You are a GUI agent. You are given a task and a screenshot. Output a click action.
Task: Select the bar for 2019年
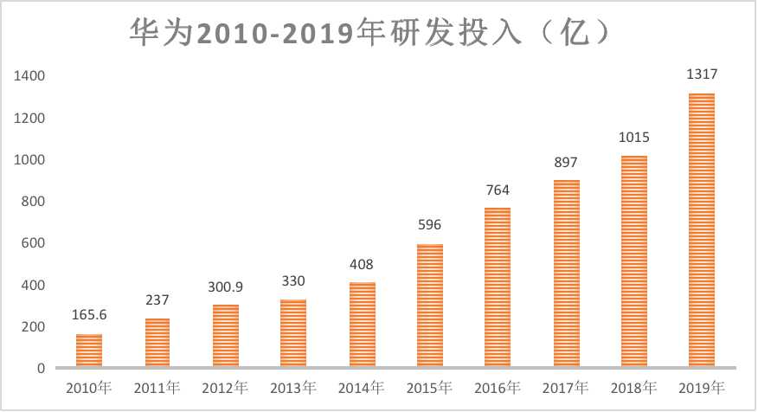(701, 230)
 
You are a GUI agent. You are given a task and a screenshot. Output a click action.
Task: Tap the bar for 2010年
(89, 351)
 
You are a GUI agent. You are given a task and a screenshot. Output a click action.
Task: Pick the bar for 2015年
(429, 306)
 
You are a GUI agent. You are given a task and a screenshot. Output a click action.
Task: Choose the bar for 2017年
(565, 274)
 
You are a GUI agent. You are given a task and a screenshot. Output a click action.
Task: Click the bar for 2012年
(225, 336)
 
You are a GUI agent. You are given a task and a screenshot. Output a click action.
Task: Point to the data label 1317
(701, 75)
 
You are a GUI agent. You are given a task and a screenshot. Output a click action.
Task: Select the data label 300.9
(225, 287)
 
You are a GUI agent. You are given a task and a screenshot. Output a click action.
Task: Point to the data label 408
(361, 264)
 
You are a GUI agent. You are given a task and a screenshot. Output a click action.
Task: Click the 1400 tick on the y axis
(29, 76)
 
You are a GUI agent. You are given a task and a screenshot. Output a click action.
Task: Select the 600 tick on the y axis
(34, 243)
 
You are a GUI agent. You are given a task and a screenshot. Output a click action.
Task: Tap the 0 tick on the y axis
(41, 369)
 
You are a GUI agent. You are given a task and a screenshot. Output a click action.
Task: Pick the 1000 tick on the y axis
(29, 160)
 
